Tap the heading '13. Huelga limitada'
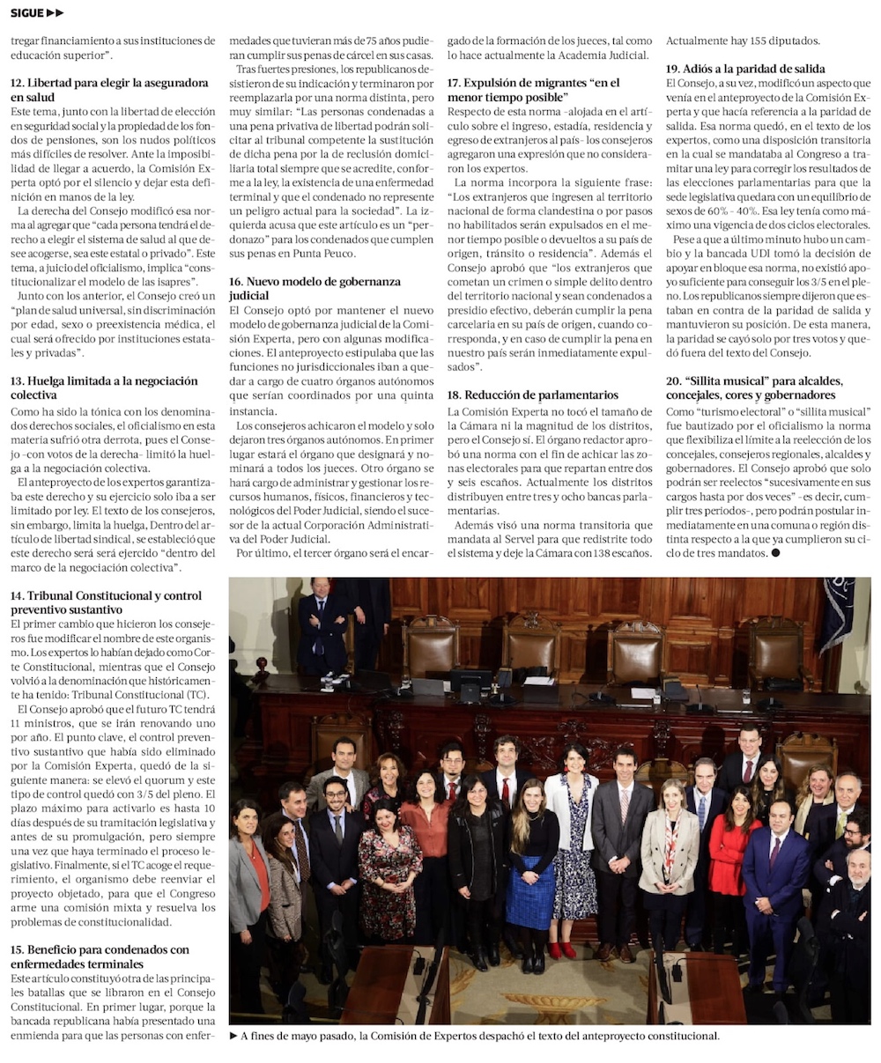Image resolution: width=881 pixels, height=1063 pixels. (104, 388)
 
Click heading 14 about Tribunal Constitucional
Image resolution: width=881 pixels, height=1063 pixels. (106, 602)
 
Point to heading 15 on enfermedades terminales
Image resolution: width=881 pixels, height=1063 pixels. (100, 956)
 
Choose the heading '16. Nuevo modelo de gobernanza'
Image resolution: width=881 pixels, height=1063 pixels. (315, 288)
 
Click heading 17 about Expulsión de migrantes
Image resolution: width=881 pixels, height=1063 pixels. (533, 90)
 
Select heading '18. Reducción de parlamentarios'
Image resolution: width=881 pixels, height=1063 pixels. (532, 395)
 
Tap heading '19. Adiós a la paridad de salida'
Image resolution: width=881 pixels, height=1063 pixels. (744, 68)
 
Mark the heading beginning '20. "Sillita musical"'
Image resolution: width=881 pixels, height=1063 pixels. (754, 388)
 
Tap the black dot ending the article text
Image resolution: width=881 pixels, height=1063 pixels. (776, 553)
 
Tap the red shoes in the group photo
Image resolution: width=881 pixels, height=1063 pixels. (561, 950)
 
